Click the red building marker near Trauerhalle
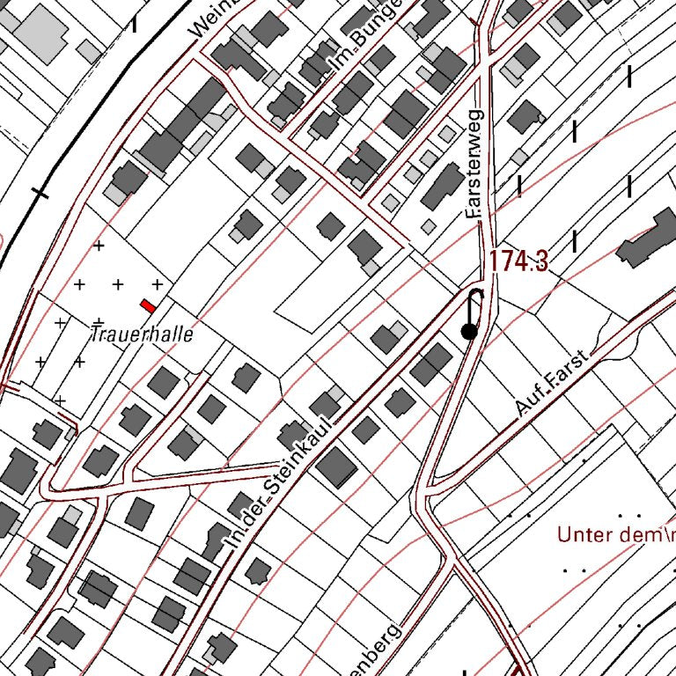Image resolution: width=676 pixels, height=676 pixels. pyautogui.click(x=148, y=305)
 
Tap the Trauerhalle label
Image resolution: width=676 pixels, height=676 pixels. pyautogui.click(x=142, y=334)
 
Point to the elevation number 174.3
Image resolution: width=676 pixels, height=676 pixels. pyautogui.click(x=518, y=261)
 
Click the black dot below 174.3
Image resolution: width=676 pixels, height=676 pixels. pyautogui.click(x=469, y=332)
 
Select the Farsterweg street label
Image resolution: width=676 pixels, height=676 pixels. pyautogui.click(x=474, y=165)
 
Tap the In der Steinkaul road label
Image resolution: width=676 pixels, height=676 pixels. pyautogui.click(x=276, y=487)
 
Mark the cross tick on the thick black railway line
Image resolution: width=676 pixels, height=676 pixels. pyautogui.click(x=40, y=192)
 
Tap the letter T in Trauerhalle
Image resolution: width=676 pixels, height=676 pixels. pyautogui.click(x=95, y=334)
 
